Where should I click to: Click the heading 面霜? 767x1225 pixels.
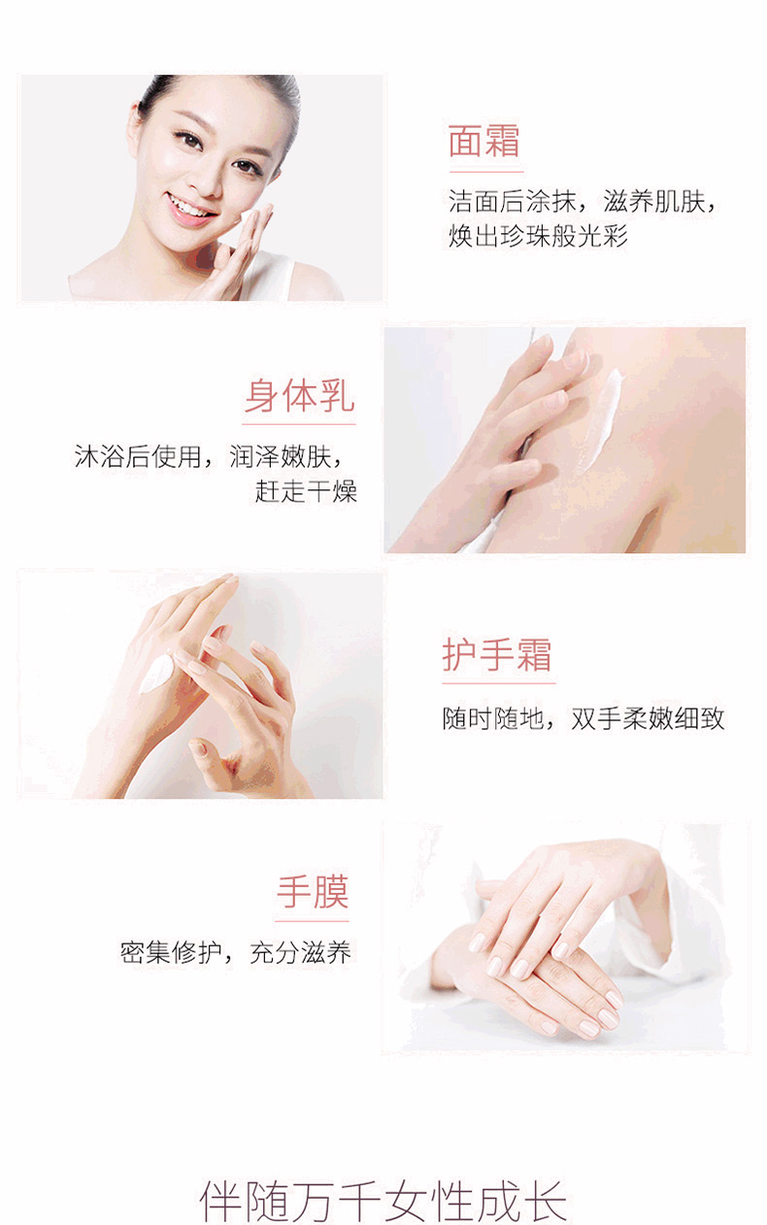(484, 141)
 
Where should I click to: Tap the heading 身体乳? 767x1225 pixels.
(299, 395)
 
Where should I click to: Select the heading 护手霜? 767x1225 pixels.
(497, 654)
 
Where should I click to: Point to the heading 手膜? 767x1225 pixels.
(313, 892)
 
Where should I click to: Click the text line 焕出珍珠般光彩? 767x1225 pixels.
(538, 236)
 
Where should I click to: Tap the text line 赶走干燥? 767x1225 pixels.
(307, 490)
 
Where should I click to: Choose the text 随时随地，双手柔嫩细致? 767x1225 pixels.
(584, 718)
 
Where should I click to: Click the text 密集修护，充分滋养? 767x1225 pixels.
(235, 952)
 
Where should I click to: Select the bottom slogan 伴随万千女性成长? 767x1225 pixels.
(383, 1201)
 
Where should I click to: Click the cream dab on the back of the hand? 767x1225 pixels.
(156, 674)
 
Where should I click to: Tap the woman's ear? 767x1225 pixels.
(135, 130)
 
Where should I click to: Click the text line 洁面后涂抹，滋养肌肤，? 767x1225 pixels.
(583, 201)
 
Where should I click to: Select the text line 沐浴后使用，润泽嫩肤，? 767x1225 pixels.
(208, 456)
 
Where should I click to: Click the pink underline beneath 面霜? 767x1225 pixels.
(486, 172)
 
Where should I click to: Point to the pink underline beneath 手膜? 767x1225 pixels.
(312, 921)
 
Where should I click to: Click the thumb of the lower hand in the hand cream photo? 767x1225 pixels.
(205, 752)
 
